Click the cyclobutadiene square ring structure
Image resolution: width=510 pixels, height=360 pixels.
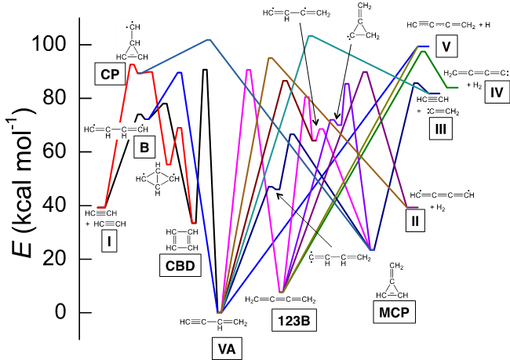[181, 240]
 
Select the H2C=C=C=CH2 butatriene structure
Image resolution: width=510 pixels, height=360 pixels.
[280, 300]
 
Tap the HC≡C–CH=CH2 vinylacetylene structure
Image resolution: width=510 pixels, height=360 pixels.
[213, 322]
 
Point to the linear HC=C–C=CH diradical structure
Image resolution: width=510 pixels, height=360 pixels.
[116, 129]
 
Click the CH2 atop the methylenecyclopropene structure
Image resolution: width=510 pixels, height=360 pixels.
[396, 267]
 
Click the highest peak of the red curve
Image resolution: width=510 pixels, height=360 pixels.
[133, 65]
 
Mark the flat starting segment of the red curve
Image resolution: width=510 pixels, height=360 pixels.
[101, 207]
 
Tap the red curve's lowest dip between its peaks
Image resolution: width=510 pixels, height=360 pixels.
[168, 165]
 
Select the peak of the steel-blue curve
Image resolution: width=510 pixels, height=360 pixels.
[208, 39]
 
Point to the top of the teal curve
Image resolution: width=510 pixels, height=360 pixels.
[310, 35]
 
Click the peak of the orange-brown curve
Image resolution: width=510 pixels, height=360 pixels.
[269, 58]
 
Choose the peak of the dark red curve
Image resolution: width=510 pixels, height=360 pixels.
[286, 80]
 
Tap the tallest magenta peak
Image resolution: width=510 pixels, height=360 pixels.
[249, 71]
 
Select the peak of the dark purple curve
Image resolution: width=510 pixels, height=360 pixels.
[365, 71]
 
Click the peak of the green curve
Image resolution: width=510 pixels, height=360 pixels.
[424, 51]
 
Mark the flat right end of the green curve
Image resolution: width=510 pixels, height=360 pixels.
[453, 87]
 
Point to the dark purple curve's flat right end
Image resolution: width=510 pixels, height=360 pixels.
[413, 207]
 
